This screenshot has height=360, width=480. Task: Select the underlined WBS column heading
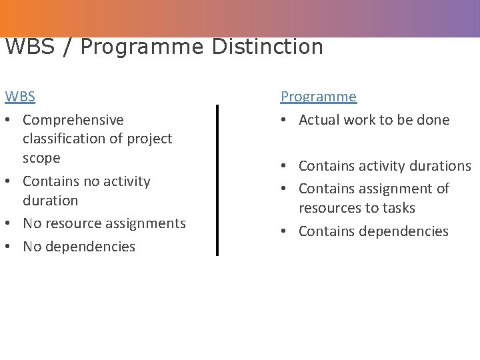pos(20,97)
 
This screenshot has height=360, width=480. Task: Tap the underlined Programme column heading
pos(318,97)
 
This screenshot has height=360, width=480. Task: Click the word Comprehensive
pos(73,120)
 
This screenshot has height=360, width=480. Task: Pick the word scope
pos(41,159)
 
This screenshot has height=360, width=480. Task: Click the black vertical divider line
pos(217,180)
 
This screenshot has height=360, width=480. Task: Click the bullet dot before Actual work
pos(285,120)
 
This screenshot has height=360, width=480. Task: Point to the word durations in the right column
pos(440,166)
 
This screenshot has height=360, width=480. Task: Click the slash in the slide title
pos(67,47)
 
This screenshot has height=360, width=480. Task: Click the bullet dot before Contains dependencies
pos(285,231)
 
